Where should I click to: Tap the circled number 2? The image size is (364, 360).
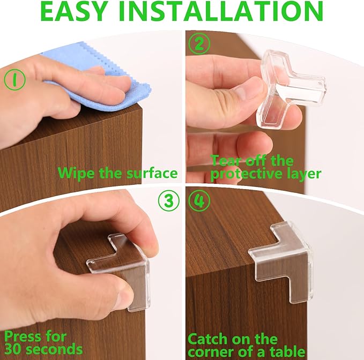tap(199, 44)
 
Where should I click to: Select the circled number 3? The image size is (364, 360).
tap(168, 200)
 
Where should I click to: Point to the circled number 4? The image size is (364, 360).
tap(199, 200)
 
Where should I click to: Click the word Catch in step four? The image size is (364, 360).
tap(208, 339)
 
